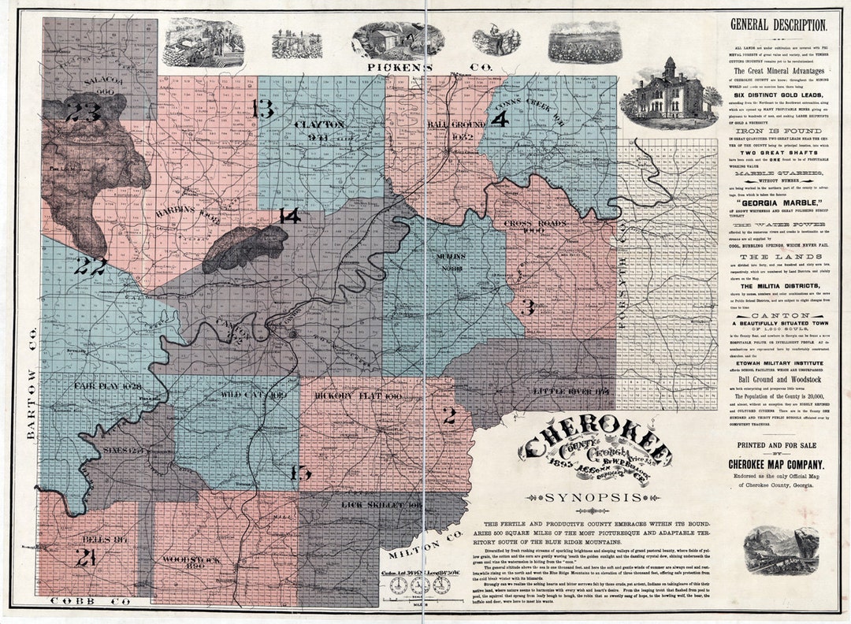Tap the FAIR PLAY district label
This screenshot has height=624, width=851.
click(106, 386)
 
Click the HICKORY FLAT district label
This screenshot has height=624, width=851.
click(347, 396)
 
